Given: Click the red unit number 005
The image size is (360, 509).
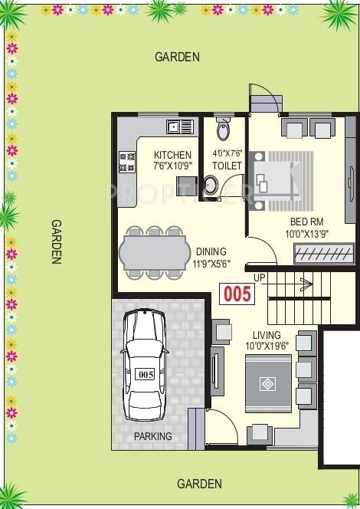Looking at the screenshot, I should coord(237,294).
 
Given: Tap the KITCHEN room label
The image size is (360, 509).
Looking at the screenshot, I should coord(172,155).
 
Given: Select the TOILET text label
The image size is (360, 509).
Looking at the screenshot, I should coord(227,166).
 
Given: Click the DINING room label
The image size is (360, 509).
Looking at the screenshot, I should coord(211,251).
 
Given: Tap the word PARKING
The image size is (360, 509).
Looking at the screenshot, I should coord(153,437).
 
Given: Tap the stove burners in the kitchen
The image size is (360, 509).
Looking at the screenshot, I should coord(126,162).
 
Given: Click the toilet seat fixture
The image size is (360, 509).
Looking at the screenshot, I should coord(223,130).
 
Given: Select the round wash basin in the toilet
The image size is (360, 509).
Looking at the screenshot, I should coord(211,186).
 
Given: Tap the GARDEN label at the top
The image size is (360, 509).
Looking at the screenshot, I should coord(177,57).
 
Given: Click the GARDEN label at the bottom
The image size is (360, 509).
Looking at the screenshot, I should coord(199,484).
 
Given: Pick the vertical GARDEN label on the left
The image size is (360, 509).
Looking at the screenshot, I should coord(56,241).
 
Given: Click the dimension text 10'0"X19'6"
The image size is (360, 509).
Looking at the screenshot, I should coord(266,346).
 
